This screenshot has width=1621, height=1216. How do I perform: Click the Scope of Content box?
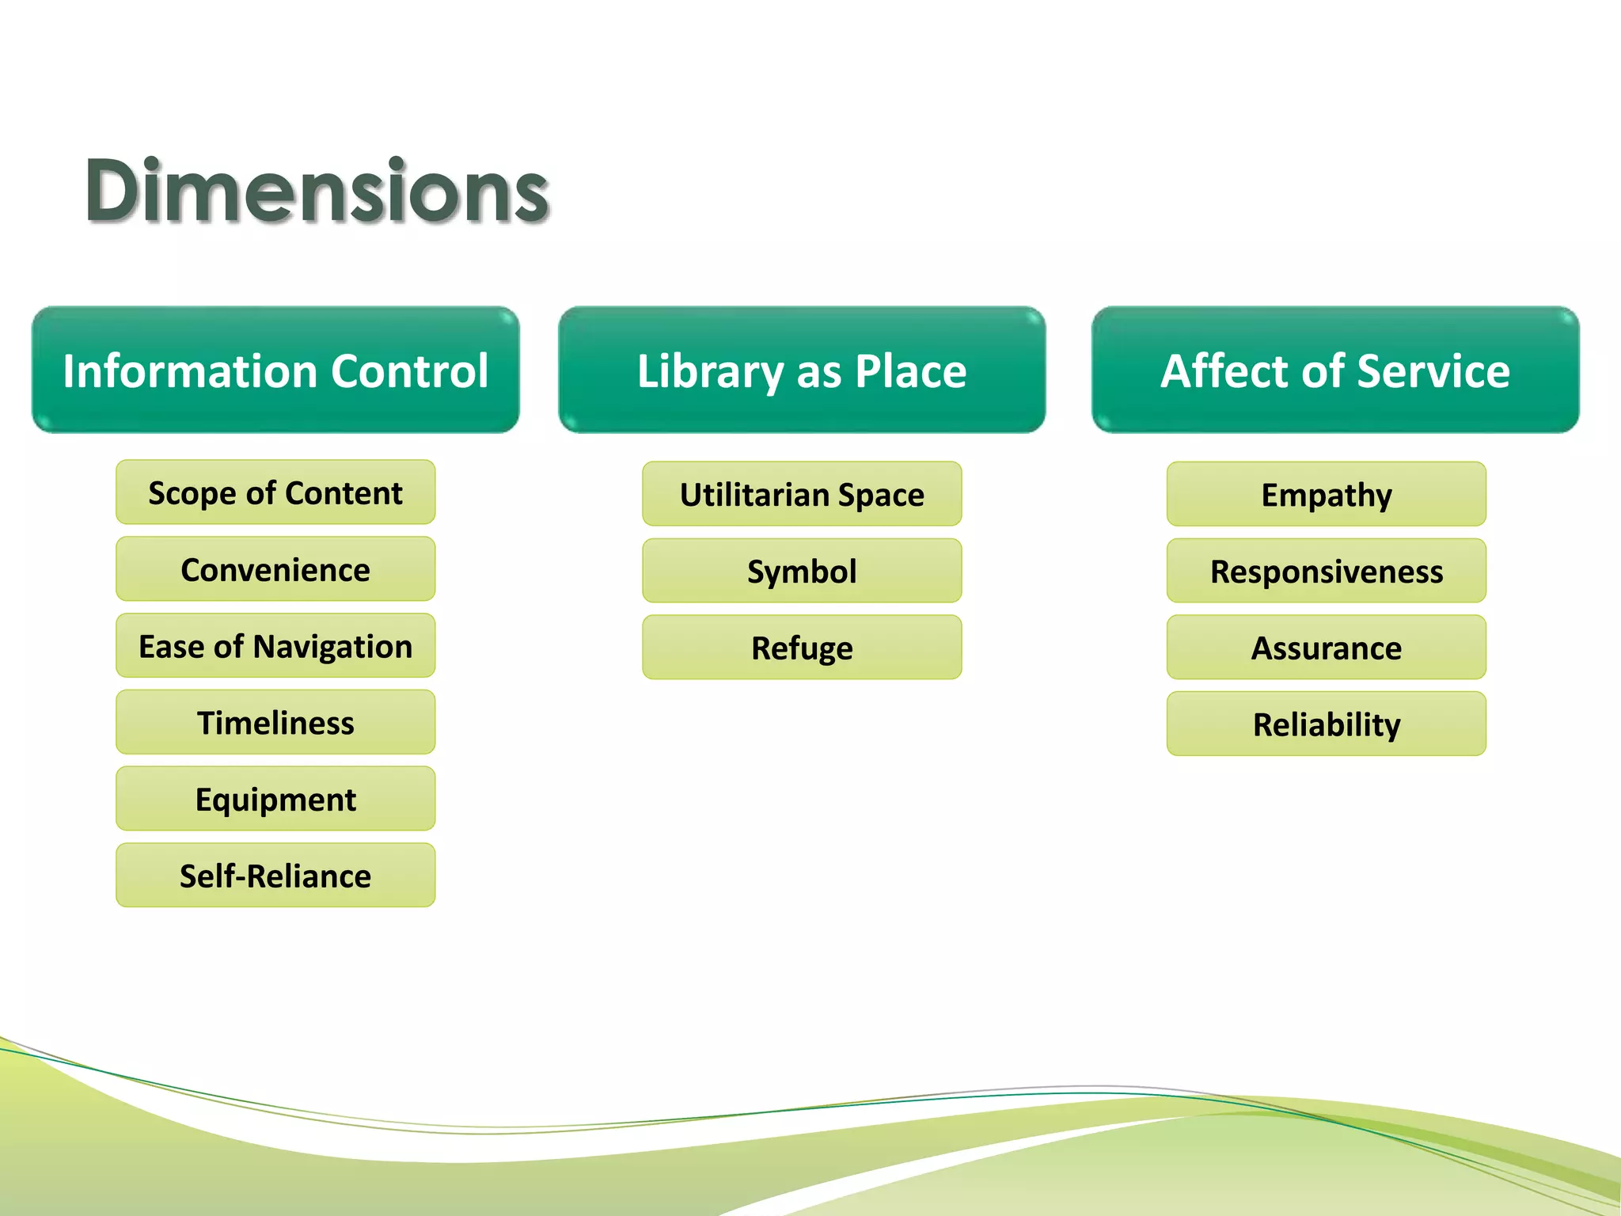[x=275, y=492]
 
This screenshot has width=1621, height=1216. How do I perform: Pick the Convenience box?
[x=275, y=569]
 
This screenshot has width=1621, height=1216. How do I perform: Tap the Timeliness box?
[x=275, y=722]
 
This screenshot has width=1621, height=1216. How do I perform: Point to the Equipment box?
[x=275, y=799]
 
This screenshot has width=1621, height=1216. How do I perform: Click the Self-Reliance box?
[x=275, y=876]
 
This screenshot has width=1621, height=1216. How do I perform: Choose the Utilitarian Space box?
[x=802, y=494]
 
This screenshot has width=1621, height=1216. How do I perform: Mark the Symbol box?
[x=802, y=571]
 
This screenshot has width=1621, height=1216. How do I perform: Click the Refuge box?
[x=802, y=648]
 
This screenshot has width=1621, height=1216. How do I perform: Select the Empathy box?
[x=1327, y=494]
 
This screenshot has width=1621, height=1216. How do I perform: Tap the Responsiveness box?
[x=1327, y=571]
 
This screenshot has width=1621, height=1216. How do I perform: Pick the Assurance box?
[x=1327, y=648]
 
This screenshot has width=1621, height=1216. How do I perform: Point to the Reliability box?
[x=1327, y=724]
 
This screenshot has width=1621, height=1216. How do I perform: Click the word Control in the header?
[x=409, y=370]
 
